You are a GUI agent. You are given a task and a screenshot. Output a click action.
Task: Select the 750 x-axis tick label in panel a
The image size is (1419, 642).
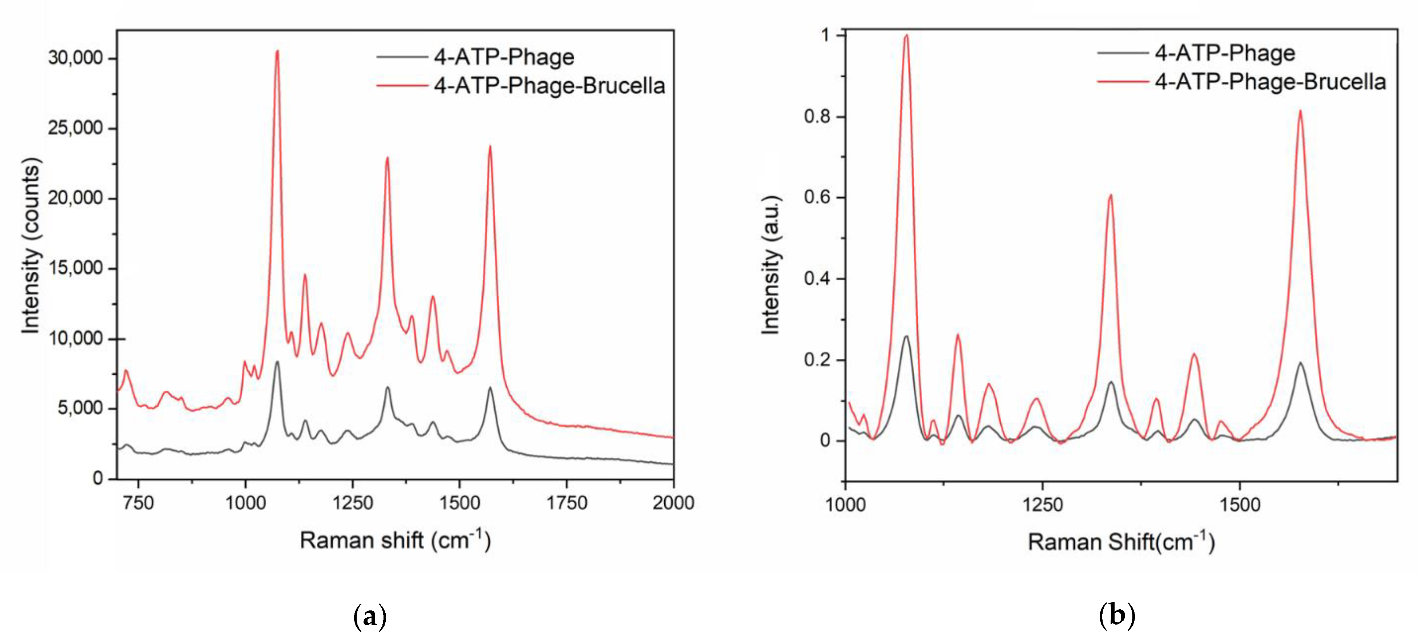[138, 503]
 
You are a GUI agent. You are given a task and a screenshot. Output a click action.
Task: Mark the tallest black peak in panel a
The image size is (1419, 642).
[277, 362]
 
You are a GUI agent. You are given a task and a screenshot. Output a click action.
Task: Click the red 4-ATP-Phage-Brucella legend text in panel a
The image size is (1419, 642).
[549, 86]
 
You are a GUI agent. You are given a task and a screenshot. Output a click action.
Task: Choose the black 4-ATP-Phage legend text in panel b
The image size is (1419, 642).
[1225, 53]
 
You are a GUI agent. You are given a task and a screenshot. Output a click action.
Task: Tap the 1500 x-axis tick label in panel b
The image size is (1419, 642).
[1239, 504]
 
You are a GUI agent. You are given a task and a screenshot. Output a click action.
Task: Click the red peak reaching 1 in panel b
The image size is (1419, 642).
[906, 36]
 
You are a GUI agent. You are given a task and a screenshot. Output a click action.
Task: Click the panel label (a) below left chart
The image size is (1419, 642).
[370, 616]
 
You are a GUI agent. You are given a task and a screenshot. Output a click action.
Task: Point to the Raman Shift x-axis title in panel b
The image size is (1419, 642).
[1121, 542]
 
